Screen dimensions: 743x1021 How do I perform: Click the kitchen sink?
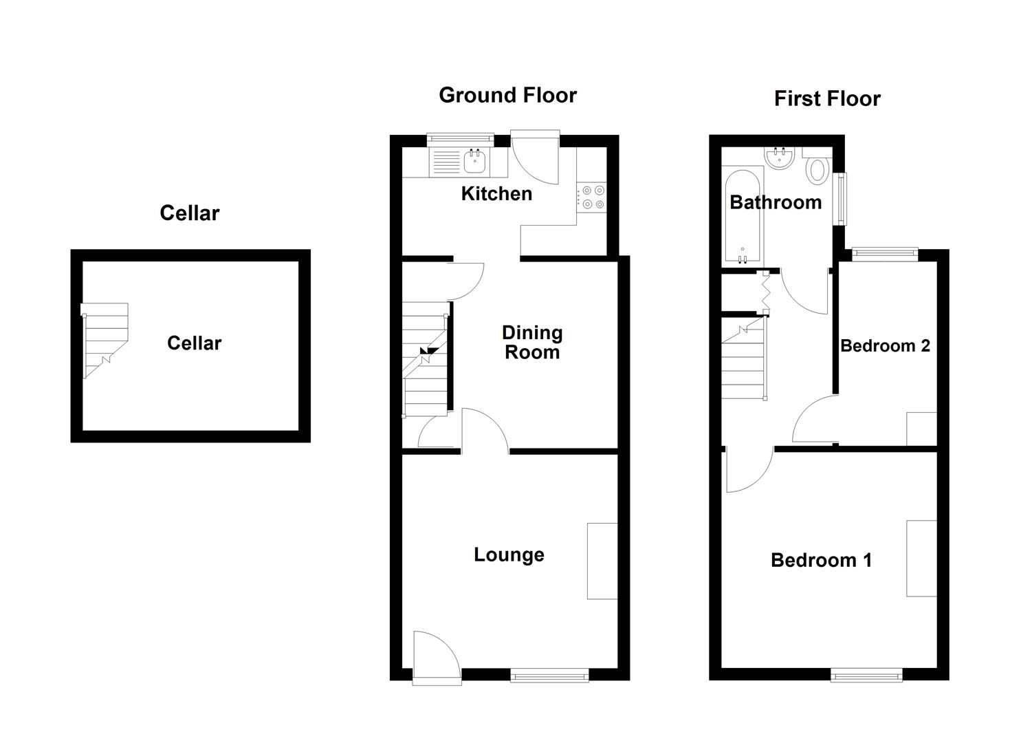click(475, 162)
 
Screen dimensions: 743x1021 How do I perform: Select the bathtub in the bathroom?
click(742, 217)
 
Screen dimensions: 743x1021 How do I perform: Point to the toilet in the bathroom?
click(817, 169)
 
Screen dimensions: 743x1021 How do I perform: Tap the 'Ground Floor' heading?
click(507, 95)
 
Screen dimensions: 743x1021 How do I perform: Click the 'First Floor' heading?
click(826, 98)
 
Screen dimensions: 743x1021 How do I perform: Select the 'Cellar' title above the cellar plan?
click(189, 213)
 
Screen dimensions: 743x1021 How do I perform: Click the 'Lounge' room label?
click(509, 554)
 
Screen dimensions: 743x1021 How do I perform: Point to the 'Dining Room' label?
click(532, 343)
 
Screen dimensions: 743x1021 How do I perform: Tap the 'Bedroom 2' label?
click(885, 345)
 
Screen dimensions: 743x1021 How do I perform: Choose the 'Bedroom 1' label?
click(821, 560)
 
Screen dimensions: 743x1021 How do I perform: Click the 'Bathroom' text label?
click(776, 202)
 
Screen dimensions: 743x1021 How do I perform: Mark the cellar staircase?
click(105, 341)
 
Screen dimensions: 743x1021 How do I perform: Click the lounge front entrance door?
click(435, 657)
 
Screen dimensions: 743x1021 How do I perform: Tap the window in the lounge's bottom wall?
click(549, 676)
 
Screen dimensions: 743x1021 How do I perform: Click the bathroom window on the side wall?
click(840, 198)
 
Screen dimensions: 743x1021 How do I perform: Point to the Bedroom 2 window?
click(885, 254)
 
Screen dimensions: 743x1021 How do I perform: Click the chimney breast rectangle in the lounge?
click(602, 561)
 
